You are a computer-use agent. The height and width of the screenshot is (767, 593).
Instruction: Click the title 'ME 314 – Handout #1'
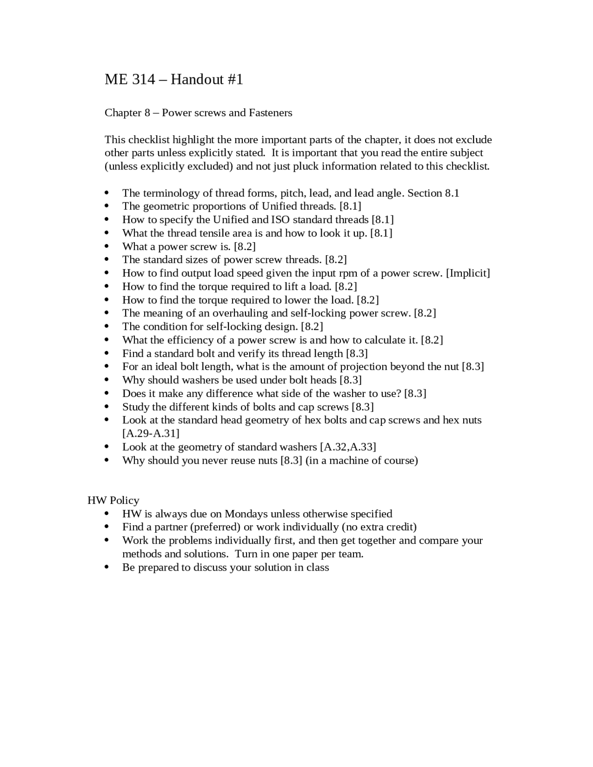[174, 80]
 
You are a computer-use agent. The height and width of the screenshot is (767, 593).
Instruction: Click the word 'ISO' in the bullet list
[280, 220]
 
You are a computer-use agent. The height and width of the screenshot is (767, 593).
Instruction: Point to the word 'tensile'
[231, 233]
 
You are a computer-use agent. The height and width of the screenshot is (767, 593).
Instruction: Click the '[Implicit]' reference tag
[468, 273]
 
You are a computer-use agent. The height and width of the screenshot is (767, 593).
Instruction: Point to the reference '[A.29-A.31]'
[151, 434]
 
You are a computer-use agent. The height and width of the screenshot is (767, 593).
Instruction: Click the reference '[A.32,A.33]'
[348, 447]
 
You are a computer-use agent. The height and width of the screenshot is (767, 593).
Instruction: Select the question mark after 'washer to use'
[399, 394]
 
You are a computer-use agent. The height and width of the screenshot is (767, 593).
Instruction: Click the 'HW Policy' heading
[114, 500]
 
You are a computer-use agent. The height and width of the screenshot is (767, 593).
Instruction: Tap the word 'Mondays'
[246, 514]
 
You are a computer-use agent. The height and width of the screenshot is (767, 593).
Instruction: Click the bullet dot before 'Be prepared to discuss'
[107, 567]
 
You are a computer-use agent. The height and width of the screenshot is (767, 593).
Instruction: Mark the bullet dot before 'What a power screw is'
[107, 246]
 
